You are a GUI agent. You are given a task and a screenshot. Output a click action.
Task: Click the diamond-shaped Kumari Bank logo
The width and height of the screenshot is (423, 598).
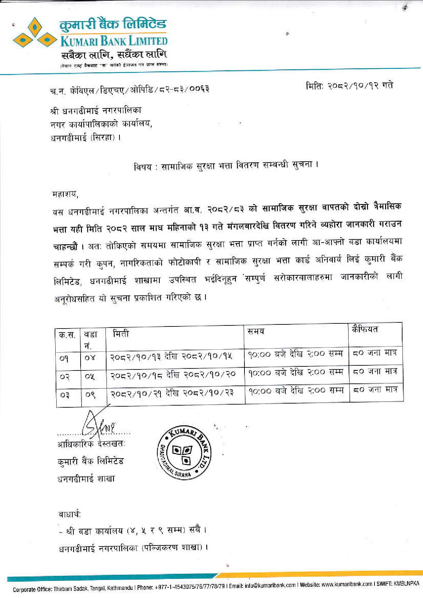pyautogui.click(x=34, y=33)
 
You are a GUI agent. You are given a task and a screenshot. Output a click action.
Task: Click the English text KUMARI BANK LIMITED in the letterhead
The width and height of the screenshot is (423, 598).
pyautogui.click(x=114, y=41)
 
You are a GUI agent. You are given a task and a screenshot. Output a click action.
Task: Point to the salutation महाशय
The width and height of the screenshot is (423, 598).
pyautogui.click(x=65, y=195)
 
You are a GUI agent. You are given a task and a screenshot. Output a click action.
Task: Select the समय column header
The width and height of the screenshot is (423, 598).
pyautogui.click(x=256, y=331)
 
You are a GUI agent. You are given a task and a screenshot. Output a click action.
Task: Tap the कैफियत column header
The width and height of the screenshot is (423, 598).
pyautogui.click(x=365, y=329)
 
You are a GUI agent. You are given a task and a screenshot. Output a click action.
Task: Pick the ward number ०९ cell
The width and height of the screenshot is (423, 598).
pyautogui.click(x=90, y=395)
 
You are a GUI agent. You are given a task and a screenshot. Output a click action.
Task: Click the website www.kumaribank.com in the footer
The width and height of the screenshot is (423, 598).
pyautogui.click(x=347, y=584)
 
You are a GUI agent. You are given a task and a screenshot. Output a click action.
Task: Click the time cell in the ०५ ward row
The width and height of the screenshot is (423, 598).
pyautogui.click(x=295, y=372)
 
